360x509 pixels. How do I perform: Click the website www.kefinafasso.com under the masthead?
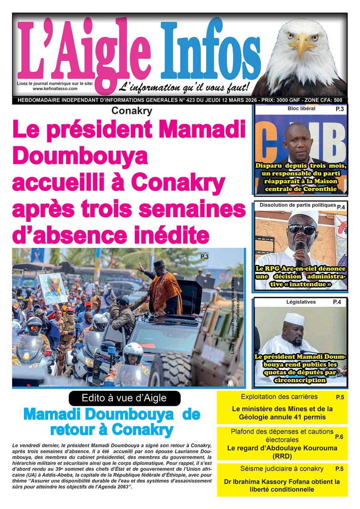55,88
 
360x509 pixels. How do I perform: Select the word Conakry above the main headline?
132,111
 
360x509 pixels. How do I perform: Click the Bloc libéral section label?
301,108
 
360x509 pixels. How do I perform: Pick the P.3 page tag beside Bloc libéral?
339,109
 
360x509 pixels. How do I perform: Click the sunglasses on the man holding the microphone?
302,229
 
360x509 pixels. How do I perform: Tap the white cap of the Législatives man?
294,319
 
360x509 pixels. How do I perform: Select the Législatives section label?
301,302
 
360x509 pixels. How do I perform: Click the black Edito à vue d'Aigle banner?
124,398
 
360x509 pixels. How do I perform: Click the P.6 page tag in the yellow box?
340,437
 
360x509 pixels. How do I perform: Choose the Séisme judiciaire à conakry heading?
282,469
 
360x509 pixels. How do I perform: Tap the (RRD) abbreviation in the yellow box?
282,456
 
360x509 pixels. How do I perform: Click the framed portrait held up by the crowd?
53,288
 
